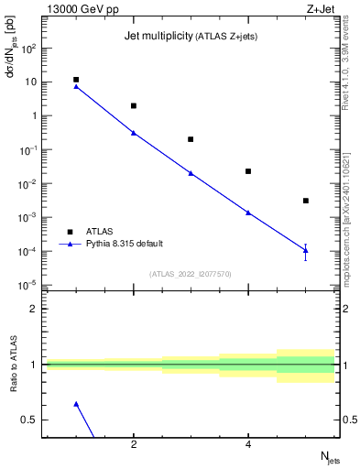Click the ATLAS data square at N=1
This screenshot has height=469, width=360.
pyautogui.click(x=76, y=80)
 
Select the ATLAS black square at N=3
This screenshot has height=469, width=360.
pyautogui.click(x=191, y=139)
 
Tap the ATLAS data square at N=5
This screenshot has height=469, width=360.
pyautogui.click(x=306, y=201)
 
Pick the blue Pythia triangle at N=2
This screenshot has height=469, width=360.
pyautogui.click(x=134, y=133)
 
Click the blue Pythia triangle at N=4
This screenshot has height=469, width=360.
pyautogui.click(x=248, y=213)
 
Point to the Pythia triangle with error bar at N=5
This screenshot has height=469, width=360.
pyautogui.click(x=306, y=250)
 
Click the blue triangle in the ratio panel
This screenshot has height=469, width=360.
pyautogui.click(x=76, y=404)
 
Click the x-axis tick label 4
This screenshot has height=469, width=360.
pyautogui.click(x=248, y=445)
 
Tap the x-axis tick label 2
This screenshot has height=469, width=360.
pyautogui.click(x=134, y=445)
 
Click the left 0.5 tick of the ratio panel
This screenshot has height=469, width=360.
pyautogui.click(x=30, y=420)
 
